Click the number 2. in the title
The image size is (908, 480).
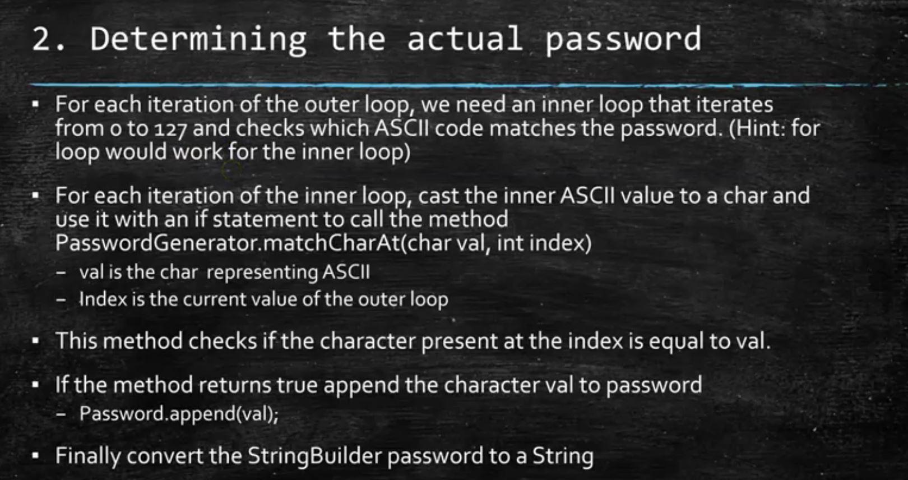pos(48,39)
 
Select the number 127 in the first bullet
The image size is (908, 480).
pos(170,129)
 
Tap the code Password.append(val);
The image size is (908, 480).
pos(179,414)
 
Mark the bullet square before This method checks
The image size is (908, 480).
pos(36,341)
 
